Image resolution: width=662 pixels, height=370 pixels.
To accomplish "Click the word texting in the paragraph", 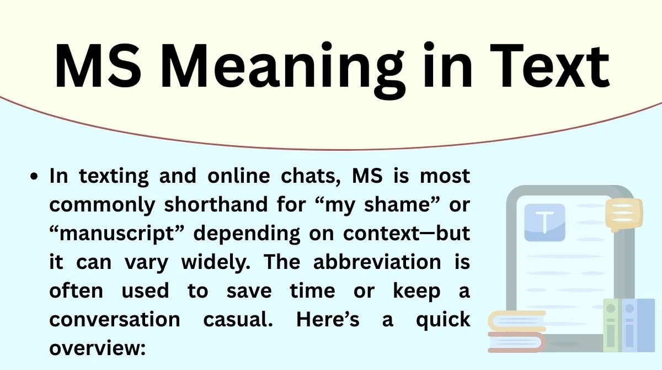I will (114, 176).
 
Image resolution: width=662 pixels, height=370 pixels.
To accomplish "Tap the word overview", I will (96, 348).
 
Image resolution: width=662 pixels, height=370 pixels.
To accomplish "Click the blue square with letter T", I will (544, 223).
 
